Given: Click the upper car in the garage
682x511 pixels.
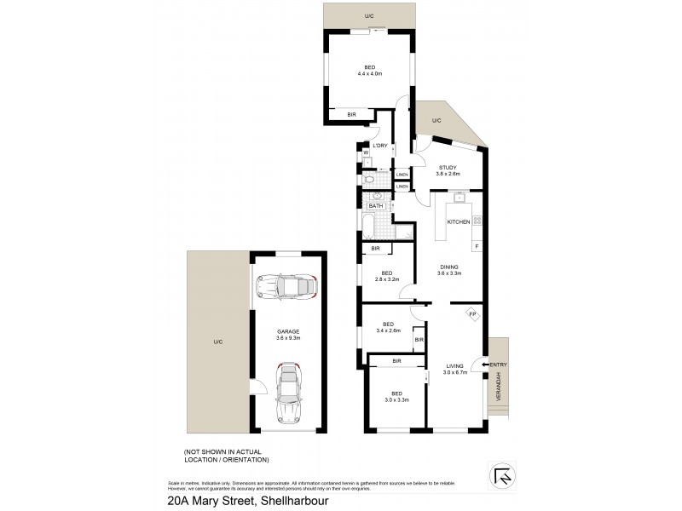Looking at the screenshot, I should point(287,288).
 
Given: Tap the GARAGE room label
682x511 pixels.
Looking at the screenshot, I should point(287,331).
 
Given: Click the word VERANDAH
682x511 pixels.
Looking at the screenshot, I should point(500,389).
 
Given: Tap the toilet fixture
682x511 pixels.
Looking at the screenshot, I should point(368,181).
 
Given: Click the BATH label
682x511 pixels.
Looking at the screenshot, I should point(376,206).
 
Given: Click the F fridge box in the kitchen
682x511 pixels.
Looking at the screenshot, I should point(477,247).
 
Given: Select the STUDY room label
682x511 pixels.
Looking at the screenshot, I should point(448,167).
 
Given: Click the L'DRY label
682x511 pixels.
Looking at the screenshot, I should point(379,146).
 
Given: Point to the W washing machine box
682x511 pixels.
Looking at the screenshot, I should point(366,153).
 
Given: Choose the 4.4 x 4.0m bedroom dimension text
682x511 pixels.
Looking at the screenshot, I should point(369,74).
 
